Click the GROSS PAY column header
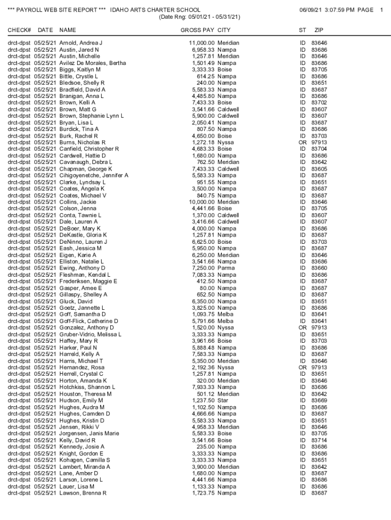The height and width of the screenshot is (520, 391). (x=198, y=30)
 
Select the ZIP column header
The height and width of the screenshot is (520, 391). (x=319, y=30)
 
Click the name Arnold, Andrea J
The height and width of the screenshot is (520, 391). (x=81, y=43)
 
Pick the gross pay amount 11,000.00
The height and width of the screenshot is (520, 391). (x=202, y=43)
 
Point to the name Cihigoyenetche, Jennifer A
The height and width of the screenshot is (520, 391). (x=94, y=175)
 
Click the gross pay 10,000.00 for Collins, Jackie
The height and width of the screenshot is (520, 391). (x=202, y=202)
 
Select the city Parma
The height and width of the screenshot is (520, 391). (x=226, y=268)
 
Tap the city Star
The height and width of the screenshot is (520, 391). (x=223, y=400)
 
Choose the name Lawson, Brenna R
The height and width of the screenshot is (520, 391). (x=83, y=493)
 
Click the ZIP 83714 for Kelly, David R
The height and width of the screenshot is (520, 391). (x=319, y=440)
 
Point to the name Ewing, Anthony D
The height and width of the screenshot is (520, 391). (x=82, y=268)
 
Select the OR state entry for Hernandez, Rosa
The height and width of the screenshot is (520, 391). (x=302, y=367)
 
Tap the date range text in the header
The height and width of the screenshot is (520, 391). (x=200, y=17)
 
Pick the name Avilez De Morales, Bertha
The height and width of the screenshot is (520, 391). (x=92, y=63)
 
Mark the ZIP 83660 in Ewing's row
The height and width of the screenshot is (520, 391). (x=319, y=268)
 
